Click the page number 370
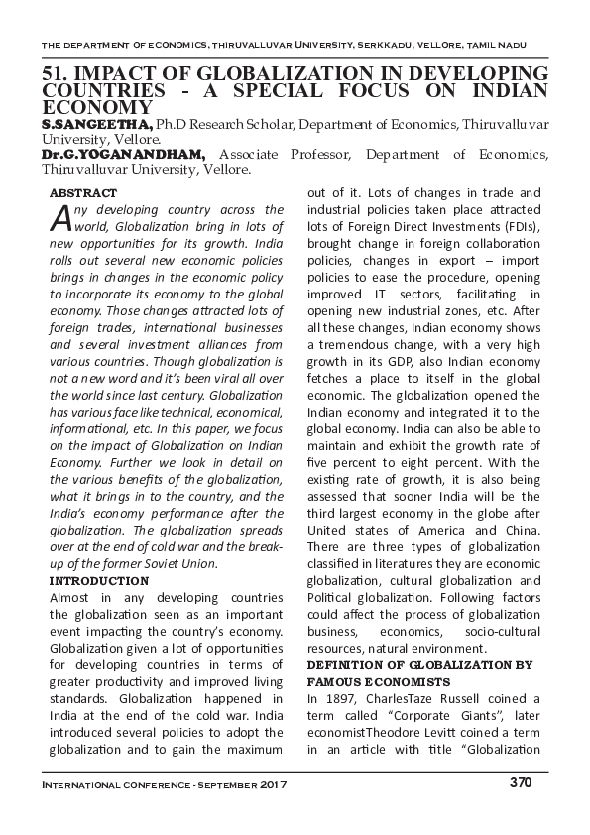pyautogui.click(x=521, y=783)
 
